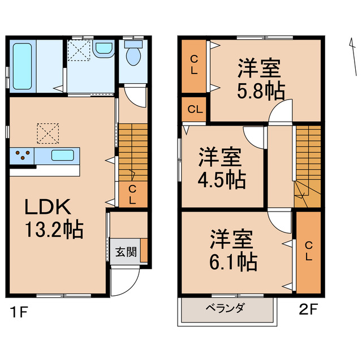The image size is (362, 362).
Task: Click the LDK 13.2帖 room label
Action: pyautogui.click(x=53, y=218)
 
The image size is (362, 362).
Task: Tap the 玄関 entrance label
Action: pyautogui.click(x=126, y=251)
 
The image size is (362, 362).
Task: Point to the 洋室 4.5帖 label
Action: pyautogui.click(x=221, y=168)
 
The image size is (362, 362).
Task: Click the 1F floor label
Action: pyautogui.click(x=19, y=311)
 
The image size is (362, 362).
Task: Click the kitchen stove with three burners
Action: pyautogui.click(x=21, y=155)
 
